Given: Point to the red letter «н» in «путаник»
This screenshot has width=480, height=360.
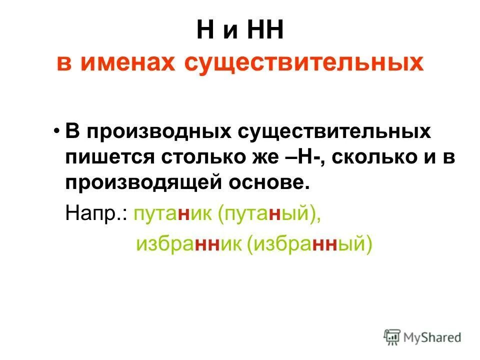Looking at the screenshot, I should pos(185,214).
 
